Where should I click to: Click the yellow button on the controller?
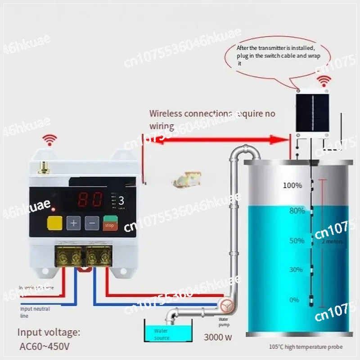pyautogui.click(x=54, y=223)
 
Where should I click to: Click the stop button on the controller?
pyautogui.click(x=109, y=223)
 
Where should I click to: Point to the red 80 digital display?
pyautogui.click(x=90, y=199)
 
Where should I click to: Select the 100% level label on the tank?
pyautogui.click(x=292, y=185)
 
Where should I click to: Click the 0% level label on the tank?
pyautogui.click(x=294, y=300)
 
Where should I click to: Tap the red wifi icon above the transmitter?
pyautogui.click(x=323, y=81)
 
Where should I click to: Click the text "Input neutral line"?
pyautogui.click(x=35, y=312)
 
